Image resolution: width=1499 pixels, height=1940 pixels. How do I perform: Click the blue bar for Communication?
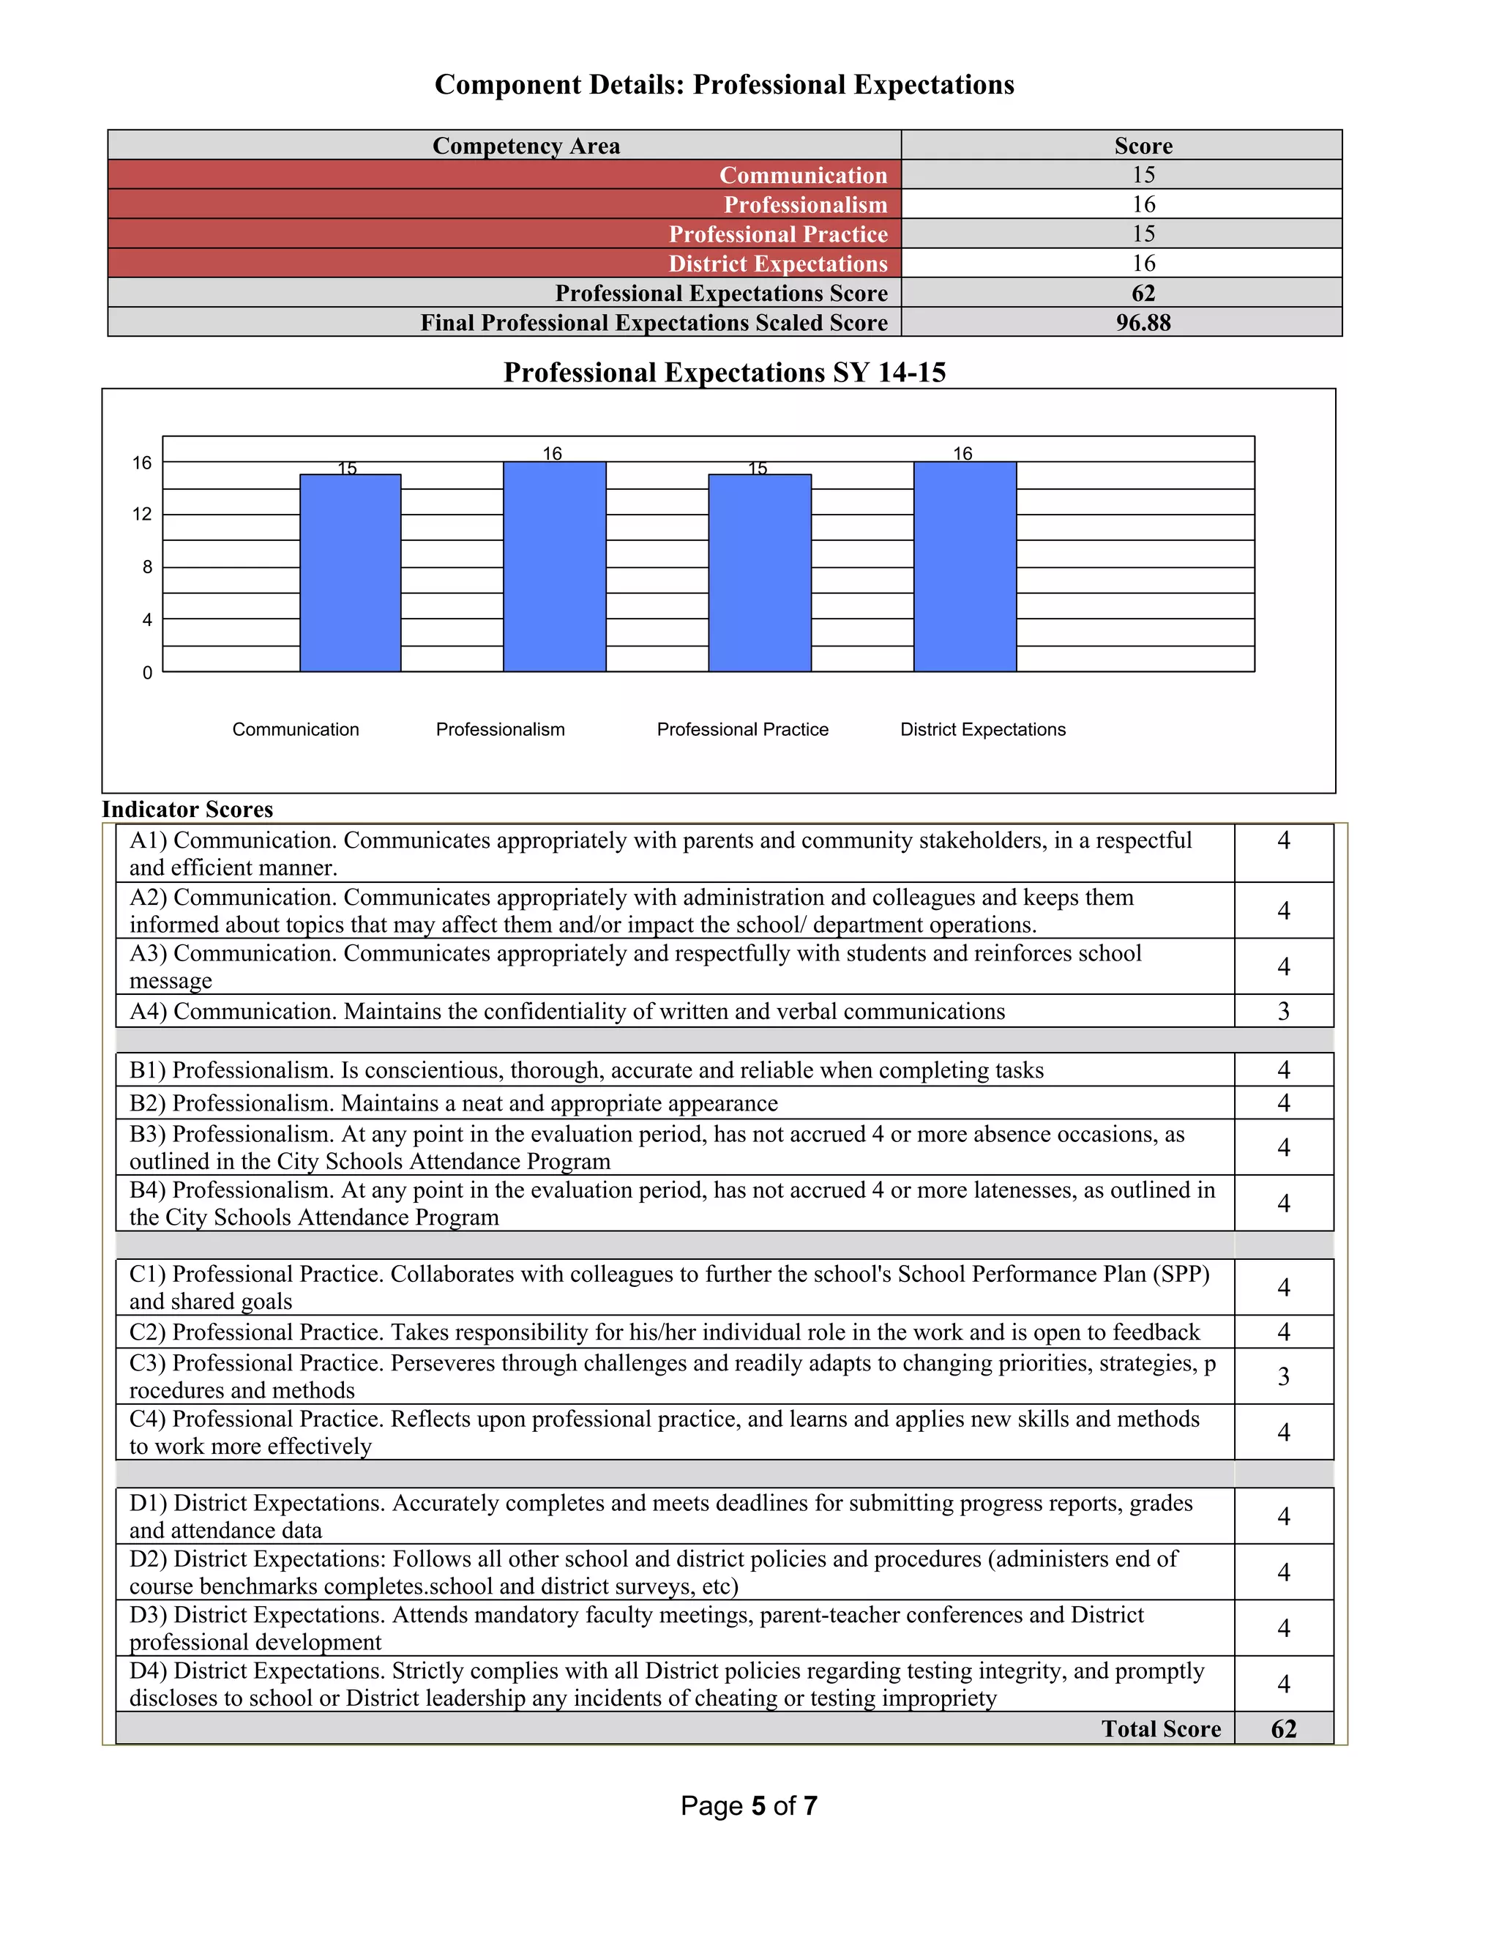[350, 573]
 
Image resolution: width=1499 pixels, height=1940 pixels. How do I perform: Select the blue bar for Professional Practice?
[759, 573]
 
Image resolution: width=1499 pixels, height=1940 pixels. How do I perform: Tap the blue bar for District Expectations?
[965, 567]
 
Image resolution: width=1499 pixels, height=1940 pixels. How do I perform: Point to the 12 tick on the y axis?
[142, 515]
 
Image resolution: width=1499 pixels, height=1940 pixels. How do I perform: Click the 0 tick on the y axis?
[147, 674]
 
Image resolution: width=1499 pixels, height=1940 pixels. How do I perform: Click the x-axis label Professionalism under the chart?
[500, 729]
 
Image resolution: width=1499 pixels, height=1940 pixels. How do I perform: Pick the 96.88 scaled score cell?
[1143, 322]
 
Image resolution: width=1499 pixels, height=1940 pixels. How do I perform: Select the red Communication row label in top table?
[803, 175]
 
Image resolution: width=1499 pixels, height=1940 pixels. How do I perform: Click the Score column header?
[1143, 146]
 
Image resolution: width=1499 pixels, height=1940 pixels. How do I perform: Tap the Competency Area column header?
[526, 146]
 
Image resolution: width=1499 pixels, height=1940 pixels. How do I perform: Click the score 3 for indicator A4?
[1283, 1011]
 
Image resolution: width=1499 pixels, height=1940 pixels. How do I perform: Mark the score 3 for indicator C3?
[1283, 1376]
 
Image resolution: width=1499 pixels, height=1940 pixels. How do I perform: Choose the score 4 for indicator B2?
[1283, 1103]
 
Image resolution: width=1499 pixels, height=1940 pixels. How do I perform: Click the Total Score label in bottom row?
[1161, 1728]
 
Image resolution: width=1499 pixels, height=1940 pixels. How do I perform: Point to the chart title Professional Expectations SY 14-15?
[725, 372]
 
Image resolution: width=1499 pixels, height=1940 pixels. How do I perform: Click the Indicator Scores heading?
[187, 809]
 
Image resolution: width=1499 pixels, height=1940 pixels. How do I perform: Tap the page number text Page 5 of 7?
[749, 1806]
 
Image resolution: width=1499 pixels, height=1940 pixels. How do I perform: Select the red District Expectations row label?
[778, 264]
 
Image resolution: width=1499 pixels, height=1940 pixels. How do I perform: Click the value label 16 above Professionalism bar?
[553, 454]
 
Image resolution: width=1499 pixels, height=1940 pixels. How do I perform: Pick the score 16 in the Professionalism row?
[1143, 204]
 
